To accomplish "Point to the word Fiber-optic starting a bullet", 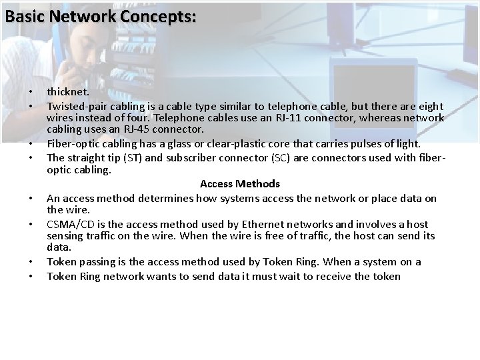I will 74,144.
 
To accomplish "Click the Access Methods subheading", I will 240,183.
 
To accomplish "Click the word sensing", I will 65,236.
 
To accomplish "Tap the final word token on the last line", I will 386,276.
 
